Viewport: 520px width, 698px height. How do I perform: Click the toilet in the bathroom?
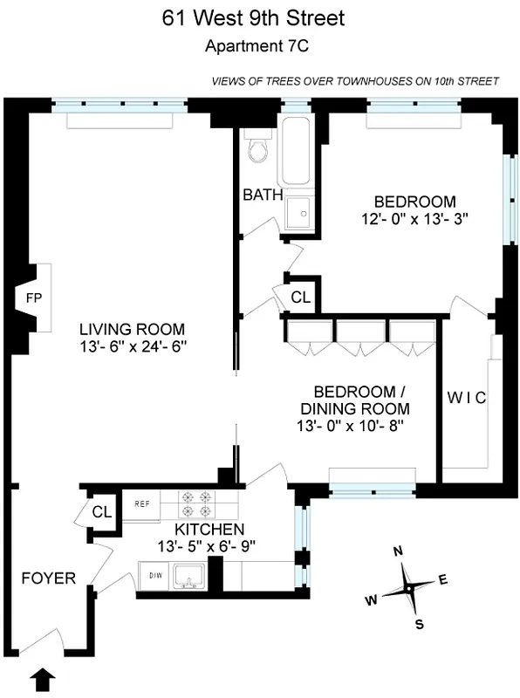tap(257, 150)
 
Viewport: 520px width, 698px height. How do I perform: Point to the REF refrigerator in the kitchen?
tap(142, 503)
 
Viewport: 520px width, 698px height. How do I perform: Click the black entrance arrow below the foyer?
tap(42, 676)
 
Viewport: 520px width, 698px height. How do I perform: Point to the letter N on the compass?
tap(398, 551)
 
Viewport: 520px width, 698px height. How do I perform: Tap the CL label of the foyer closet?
tap(102, 512)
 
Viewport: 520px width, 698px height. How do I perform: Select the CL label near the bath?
tap(301, 298)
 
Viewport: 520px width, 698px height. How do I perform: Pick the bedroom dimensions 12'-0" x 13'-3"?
tap(415, 219)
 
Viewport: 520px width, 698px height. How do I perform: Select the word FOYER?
tap(48, 578)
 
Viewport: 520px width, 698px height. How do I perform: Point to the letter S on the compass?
tap(420, 623)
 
